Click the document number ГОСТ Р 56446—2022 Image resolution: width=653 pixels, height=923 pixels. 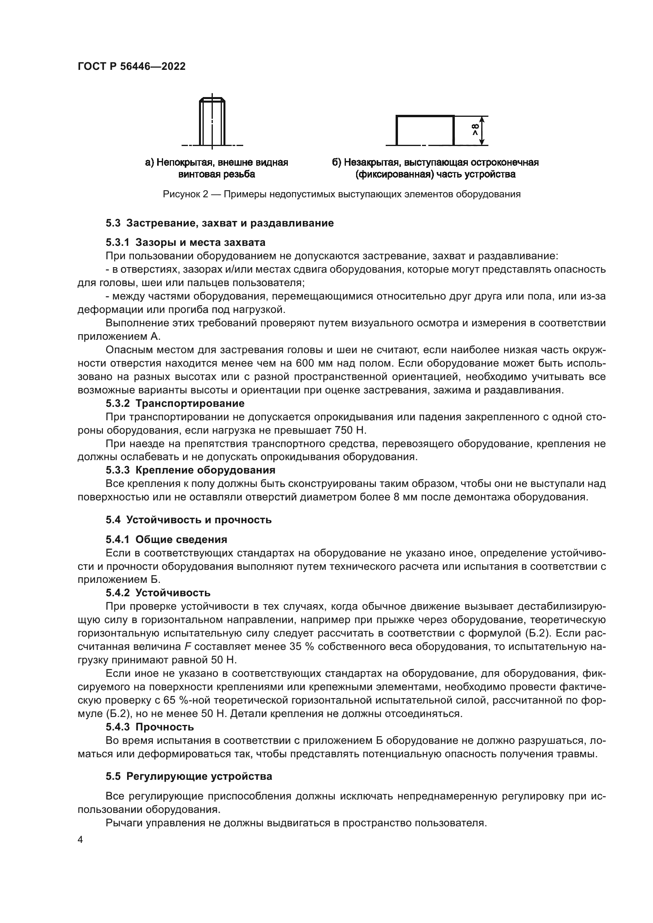tap(131, 67)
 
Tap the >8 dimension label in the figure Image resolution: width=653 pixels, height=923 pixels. tap(475, 130)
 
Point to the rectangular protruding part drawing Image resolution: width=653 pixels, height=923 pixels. tap(425, 130)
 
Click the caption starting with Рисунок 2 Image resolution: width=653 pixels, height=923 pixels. tap(342, 195)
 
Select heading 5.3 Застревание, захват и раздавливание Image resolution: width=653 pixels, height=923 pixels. tap(220, 223)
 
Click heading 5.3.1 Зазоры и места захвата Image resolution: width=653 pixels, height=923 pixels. tap(186, 242)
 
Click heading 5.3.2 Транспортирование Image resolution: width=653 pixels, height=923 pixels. tap(175, 403)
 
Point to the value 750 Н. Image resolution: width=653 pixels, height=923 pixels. tap(350, 430)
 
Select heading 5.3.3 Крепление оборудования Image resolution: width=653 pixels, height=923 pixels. tap(191, 470)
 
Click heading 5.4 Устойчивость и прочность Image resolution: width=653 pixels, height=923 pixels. tap(189, 520)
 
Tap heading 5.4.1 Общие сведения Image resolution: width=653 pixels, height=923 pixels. tap(167, 539)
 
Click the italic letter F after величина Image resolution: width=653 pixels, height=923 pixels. tap(188, 647)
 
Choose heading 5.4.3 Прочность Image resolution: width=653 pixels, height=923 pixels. tap(150, 727)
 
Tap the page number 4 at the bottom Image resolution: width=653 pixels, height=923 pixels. tap(80, 840)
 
